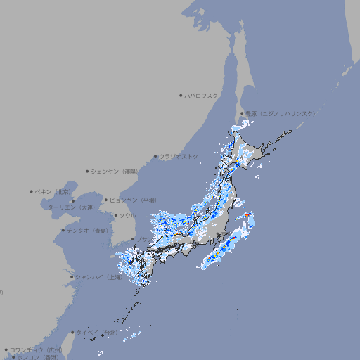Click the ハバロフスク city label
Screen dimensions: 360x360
coord(202,95)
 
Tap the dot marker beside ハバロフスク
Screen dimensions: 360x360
coord(181,95)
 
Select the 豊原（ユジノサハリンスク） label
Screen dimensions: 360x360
coord(280,113)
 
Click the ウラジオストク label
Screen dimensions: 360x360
coord(179,156)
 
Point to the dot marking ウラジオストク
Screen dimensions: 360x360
coord(155,156)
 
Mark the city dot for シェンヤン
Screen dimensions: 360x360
coord(87,171)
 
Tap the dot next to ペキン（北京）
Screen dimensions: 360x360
coord(32,191)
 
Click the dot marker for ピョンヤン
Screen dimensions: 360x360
coord(107,200)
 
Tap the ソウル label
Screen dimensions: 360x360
coord(127,215)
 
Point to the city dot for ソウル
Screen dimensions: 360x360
coord(115,215)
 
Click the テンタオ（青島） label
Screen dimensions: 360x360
coord(88,230)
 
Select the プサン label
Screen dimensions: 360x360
coord(143,239)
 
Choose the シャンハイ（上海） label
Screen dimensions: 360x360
coord(98,277)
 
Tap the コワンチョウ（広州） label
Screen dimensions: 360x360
coord(35,349)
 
